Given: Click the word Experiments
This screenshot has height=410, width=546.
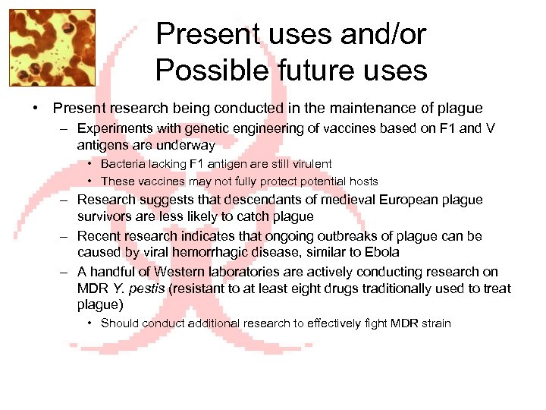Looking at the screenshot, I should (x=114, y=128).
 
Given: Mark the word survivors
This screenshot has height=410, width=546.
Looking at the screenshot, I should (x=104, y=216).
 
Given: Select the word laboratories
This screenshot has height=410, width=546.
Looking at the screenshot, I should (x=246, y=271).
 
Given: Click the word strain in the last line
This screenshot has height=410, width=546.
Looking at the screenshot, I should (x=435, y=323).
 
